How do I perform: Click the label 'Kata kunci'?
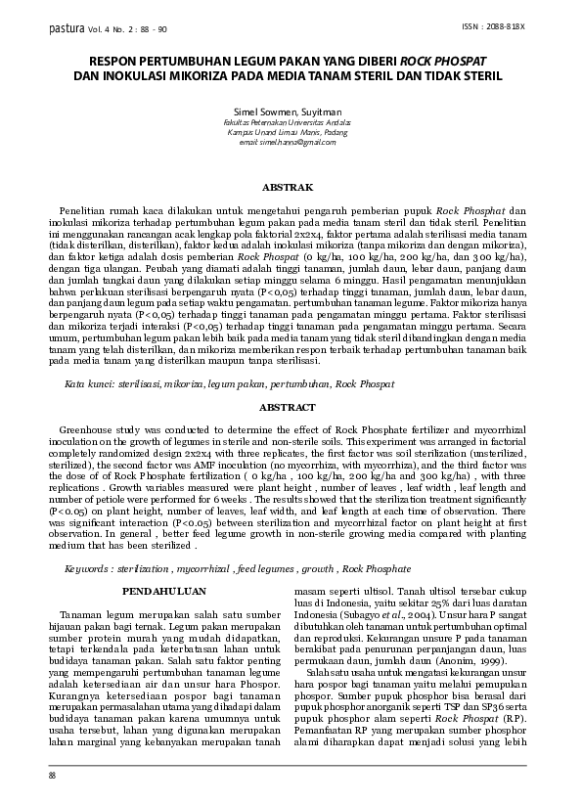tap(85, 385)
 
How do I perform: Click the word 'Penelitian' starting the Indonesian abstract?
tap(83, 210)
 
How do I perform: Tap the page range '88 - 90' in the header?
tap(152, 29)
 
